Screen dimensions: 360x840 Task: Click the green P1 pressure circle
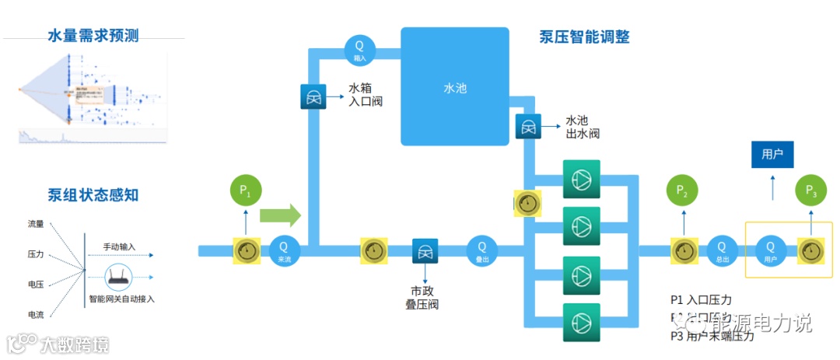click(x=247, y=191)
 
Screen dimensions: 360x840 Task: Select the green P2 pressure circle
click(x=683, y=191)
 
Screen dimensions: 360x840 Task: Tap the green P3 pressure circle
click(x=810, y=191)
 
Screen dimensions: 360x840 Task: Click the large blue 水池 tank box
click(x=454, y=87)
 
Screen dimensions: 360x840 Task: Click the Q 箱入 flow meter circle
click(x=360, y=51)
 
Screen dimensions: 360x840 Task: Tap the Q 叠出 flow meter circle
click(x=482, y=250)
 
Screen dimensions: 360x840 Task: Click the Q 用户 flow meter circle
click(x=771, y=250)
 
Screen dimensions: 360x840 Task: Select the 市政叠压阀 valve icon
click(x=425, y=251)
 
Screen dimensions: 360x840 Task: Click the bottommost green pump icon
click(x=580, y=320)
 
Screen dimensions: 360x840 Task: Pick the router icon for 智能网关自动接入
click(x=115, y=276)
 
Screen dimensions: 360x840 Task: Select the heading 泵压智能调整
click(x=584, y=37)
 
